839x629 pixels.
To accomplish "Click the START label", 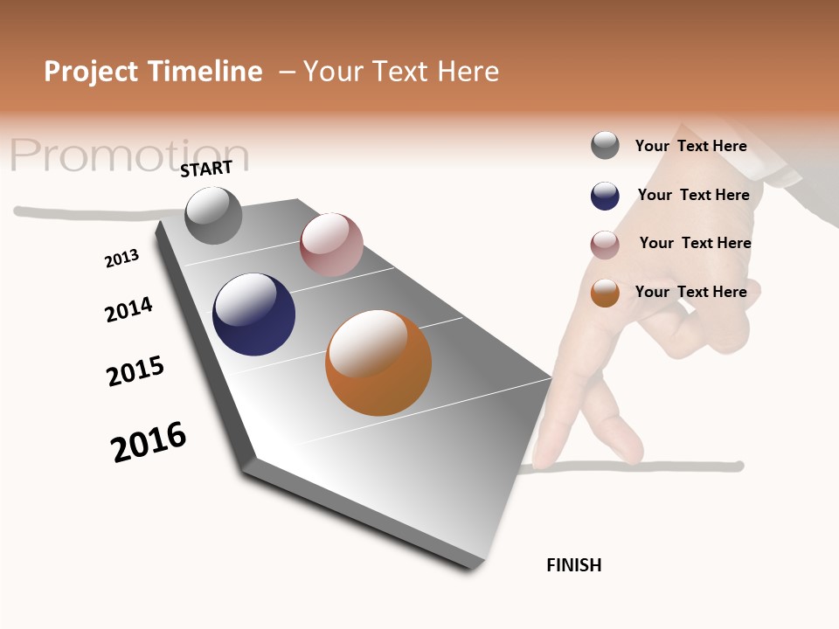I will [206, 169].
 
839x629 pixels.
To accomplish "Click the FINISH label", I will [573, 565].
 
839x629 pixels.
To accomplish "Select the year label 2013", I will [121, 259].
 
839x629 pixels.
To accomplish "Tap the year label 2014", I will [128, 310].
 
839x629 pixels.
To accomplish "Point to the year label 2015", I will [135, 371].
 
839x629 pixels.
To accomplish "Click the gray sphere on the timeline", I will [213, 216].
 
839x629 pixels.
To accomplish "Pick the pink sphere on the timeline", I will [331, 244].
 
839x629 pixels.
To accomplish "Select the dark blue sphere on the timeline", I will [253, 314].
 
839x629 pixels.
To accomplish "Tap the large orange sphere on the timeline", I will [378, 363].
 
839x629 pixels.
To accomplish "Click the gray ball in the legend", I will [605, 145].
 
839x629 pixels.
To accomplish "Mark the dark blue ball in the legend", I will [605, 196].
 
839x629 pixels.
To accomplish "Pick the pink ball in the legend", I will [605, 245].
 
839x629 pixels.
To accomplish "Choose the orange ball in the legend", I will [605, 293].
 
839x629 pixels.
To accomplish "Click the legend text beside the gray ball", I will [690, 146].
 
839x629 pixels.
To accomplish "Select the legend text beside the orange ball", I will [690, 292].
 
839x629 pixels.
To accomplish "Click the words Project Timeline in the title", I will [153, 72].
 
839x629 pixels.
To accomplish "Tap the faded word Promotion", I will [129, 156].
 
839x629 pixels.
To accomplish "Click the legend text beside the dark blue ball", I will [693, 195].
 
